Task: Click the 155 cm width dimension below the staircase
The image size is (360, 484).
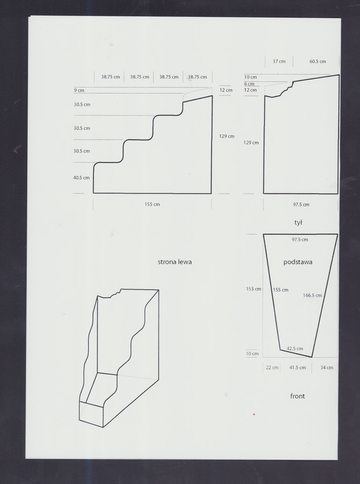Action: tap(152, 204)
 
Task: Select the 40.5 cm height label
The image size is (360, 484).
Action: tap(81, 177)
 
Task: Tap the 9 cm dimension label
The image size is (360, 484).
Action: tap(79, 90)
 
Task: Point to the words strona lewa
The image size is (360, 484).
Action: tap(175, 262)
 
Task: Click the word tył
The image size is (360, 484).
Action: tap(298, 222)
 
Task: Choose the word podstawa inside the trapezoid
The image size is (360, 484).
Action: tap(298, 262)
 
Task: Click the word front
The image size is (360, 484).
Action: tap(298, 396)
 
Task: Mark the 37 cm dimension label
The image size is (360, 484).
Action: tap(279, 61)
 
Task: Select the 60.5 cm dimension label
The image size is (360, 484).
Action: tap(317, 61)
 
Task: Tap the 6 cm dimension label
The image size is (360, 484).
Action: tap(249, 84)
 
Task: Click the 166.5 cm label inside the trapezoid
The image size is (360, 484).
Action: tap(312, 295)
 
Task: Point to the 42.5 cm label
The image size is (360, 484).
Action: tap(294, 348)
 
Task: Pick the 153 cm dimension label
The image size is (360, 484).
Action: tap(253, 289)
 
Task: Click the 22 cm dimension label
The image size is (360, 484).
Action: tap(272, 367)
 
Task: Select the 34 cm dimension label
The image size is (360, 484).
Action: tap(327, 367)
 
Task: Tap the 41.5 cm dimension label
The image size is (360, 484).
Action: tap(298, 367)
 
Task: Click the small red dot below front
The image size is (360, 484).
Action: tap(254, 414)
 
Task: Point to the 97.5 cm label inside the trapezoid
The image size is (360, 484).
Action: tap(300, 239)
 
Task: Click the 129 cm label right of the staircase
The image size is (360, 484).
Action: tap(227, 136)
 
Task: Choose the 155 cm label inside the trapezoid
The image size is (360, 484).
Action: tap(281, 290)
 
